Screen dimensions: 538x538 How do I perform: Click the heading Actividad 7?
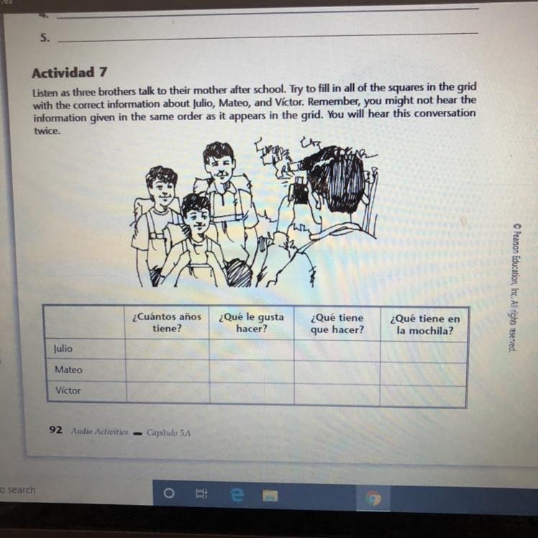(69, 73)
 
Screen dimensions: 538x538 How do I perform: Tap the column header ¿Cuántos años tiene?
(167, 322)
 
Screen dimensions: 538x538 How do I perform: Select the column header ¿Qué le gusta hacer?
(252, 322)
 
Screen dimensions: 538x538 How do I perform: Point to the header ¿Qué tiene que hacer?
(337, 324)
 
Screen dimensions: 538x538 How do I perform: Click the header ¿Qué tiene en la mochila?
(425, 324)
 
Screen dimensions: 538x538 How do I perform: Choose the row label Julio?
(63, 349)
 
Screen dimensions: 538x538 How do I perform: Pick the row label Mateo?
(68, 370)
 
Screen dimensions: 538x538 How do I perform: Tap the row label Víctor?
(68, 391)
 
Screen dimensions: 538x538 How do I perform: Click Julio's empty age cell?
(167, 349)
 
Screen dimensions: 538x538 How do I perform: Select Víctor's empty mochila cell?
(423, 396)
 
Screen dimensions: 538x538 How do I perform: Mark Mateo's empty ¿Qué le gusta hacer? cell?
(252, 371)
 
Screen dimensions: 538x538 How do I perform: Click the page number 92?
(55, 430)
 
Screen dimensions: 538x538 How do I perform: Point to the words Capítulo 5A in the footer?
(168, 433)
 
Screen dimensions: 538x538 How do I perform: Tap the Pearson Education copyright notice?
(514, 288)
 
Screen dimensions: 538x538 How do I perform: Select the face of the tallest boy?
(219, 167)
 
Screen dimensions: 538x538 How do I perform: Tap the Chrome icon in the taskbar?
(373, 498)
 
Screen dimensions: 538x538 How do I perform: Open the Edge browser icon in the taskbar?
(237, 495)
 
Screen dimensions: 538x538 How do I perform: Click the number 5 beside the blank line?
(45, 37)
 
